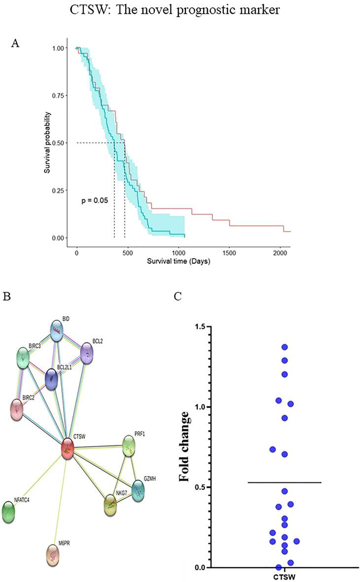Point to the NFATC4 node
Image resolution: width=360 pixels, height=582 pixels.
pos(9,512)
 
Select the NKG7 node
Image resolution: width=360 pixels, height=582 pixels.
pos(113,506)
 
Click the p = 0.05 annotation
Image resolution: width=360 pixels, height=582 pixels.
pos(95,201)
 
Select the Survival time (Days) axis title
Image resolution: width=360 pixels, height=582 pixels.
pos(178,261)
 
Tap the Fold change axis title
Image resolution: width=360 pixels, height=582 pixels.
pos(185,446)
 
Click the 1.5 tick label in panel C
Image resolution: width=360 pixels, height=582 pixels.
pos(199,327)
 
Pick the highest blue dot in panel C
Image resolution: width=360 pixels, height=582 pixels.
pos(285,347)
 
